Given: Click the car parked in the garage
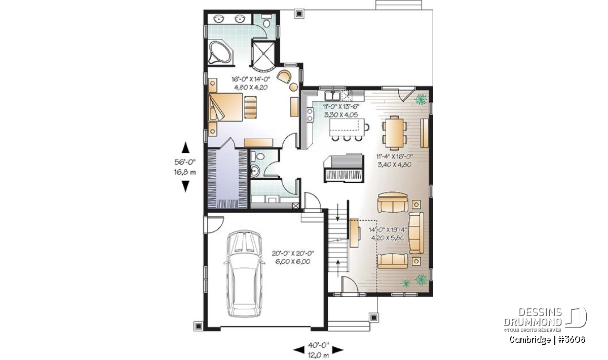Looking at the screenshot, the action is click(x=244, y=273).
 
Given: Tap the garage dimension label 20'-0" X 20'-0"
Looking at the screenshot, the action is click(x=293, y=253).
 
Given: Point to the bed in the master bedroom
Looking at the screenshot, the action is click(x=225, y=107).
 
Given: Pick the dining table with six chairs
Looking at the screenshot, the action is click(x=394, y=133).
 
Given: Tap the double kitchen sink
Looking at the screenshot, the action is click(x=332, y=96).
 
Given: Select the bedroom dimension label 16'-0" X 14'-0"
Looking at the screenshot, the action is click(x=251, y=79).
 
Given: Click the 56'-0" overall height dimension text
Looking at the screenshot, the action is click(x=185, y=162).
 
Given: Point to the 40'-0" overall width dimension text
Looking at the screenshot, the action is click(x=319, y=345).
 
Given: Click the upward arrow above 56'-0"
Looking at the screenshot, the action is click(x=185, y=147).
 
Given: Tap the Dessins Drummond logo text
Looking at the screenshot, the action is click(x=533, y=317).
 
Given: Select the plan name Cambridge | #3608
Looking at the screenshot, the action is click(x=547, y=340).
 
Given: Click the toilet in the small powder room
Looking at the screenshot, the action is click(x=257, y=156).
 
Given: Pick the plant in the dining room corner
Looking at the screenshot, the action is click(x=420, y=99).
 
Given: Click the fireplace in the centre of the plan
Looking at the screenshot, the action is click(x=344, y=168).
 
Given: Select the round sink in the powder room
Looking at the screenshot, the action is click(x=255, y=171).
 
